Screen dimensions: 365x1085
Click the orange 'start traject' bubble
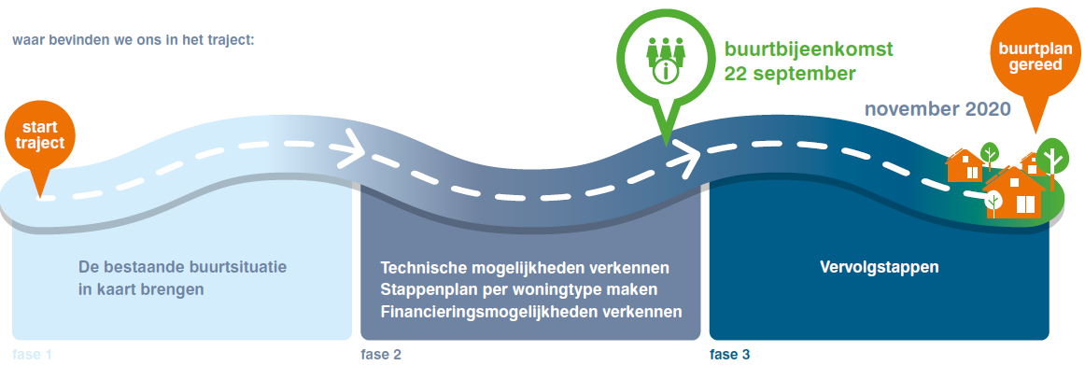tap(39, 134)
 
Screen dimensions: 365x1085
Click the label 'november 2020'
tap(937, 109)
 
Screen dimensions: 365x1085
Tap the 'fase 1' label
tap(33, 355)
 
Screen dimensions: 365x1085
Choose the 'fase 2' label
tap(381, 355)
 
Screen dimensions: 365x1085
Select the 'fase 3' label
tap(729, 355)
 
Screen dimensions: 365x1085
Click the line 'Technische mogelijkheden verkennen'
tap(525, 268)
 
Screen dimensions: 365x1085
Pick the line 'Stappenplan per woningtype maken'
tap(520, 289)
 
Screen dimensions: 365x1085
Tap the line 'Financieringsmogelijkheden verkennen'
tap(531, 310)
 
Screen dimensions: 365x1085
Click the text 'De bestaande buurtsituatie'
tap(183, 267)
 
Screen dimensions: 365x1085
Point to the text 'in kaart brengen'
tap(141, 289)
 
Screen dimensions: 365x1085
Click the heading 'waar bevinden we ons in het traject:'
tap(134, 41)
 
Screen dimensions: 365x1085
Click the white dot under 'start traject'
tap(40, 196)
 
